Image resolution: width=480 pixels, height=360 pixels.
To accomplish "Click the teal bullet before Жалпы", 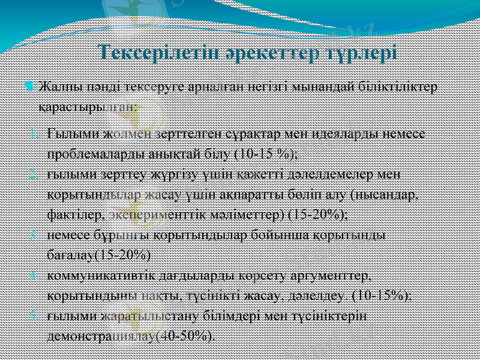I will click(x=30, y=87).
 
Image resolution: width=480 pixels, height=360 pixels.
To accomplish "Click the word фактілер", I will click(x=77, y=214).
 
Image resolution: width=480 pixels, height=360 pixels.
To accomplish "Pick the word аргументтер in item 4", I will click(x=332, y=275).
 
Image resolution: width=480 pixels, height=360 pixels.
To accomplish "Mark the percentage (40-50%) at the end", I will click(x=184, y=335).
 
